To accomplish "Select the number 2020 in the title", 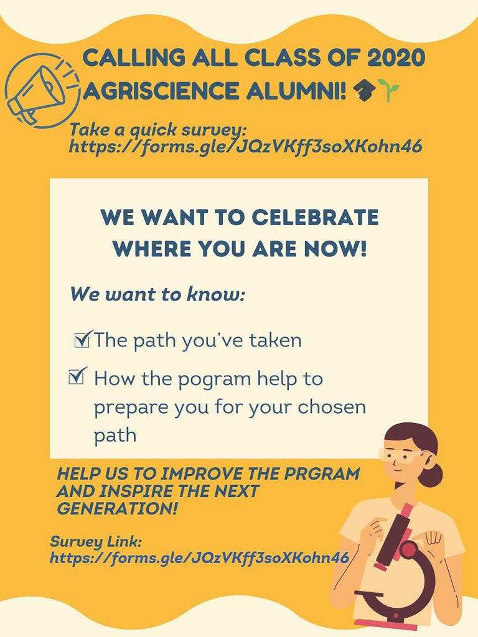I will [394, 60].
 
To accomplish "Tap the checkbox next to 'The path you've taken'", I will [81, 340].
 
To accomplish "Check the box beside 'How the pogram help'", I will [77, 376].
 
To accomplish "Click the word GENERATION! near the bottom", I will [117, 508].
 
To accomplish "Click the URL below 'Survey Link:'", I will [199, 557].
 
